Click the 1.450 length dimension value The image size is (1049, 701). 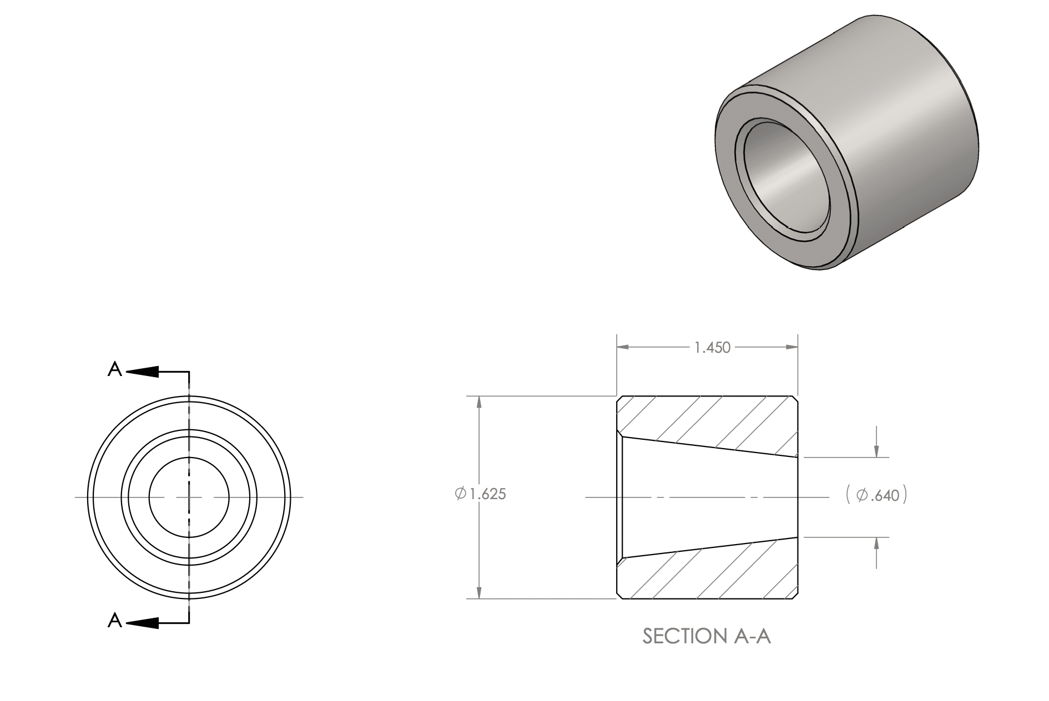coord(713,348)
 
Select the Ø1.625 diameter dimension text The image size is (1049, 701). coord(480,494)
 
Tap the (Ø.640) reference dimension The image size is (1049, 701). coord(877,495)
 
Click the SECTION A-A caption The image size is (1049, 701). coord(707,636)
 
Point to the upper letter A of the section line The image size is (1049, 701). coord(114,369)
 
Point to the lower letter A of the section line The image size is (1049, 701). coord(114,620)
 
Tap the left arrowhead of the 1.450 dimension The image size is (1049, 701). coord(624,348)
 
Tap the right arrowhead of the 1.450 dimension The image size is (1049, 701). coord(791,348)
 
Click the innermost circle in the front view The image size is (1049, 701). coord(189,457)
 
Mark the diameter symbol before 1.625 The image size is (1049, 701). coord(460,494)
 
